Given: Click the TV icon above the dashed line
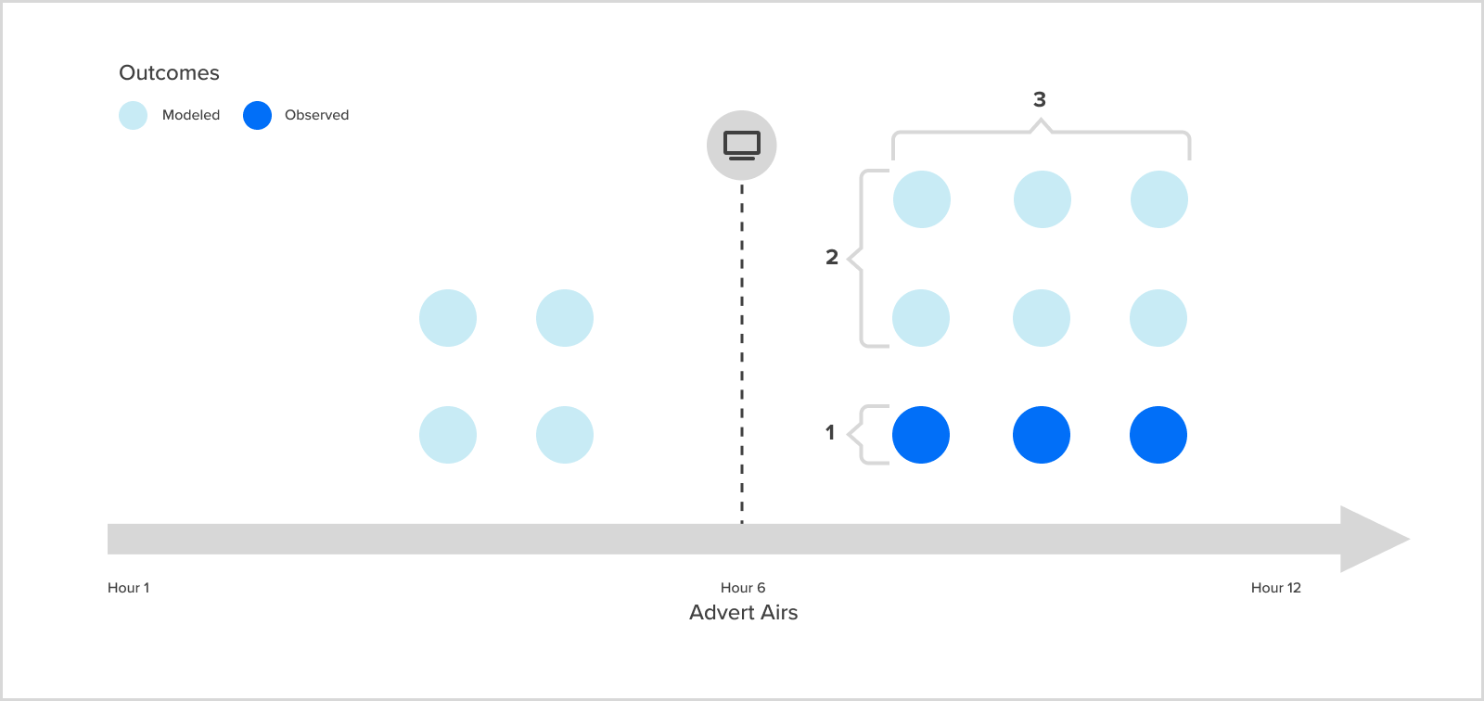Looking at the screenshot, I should (x=742, y=146).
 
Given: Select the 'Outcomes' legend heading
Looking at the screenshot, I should (x=169, y=73).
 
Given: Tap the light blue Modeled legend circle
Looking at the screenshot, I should (x=133, y=115).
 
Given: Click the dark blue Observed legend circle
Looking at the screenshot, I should (x=257, y=115).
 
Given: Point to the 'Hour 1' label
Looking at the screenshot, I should (x=128, y=588).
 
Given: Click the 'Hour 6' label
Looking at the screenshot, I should (x=743, y=588).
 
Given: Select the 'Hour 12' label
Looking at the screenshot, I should (x=1275, y=588).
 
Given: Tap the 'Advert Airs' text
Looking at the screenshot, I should (x=743, y=613).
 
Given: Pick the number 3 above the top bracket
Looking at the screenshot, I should (x=1040, y=99).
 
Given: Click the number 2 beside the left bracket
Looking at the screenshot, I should (x=832, y=257).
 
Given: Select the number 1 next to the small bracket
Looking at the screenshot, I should (x=830, y=432).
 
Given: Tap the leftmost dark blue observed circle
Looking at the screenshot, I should (x=921, y=435).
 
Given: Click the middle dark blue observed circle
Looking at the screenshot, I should (x=1042, y=435).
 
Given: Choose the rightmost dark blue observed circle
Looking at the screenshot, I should (x=1158, y=435).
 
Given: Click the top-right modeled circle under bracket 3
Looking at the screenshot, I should (x=1159, y=199).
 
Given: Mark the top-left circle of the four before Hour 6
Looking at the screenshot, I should (x=448, y=318).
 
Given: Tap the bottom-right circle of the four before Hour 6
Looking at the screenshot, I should (x=565, y=435).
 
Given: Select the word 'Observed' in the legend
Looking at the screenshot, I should (x=316, y=115).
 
